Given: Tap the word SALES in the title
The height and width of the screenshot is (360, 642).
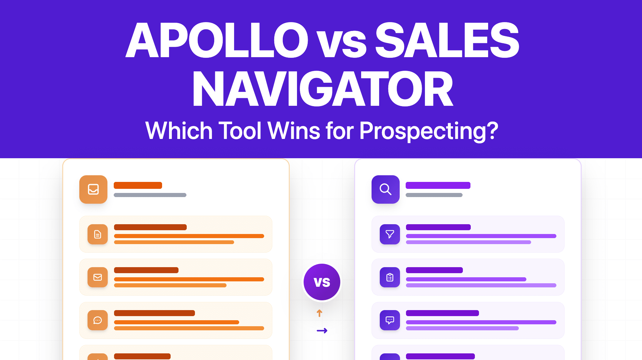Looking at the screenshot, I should point(447,40).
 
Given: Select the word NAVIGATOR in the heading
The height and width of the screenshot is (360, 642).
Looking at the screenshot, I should point(323,89).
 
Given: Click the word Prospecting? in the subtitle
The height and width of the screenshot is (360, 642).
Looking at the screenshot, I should point(429,131).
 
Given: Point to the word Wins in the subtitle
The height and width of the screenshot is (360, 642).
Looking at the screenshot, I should point(294,131).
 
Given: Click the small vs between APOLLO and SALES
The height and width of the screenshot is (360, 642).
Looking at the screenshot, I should point(342,44).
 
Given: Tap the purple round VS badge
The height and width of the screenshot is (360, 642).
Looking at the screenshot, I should point(322,282).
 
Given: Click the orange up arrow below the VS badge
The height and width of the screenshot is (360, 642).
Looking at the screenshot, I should point(319,313).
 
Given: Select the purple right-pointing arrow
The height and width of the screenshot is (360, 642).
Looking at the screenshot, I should point(322,331).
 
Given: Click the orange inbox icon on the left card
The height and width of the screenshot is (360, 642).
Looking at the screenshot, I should point(93,189).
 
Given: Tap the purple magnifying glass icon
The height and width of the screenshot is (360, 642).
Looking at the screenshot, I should point(385,189).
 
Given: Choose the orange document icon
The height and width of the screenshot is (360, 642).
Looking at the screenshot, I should point(98,234).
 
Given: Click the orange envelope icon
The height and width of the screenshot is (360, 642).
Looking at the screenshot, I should point(98,277).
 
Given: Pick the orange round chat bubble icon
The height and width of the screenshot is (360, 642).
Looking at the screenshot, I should point(98,320).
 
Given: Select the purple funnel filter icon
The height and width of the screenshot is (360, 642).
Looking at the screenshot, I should point(390,234).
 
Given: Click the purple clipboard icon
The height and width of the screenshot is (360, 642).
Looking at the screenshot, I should point(390,277).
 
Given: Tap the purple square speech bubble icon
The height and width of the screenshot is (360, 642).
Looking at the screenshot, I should point(390,320).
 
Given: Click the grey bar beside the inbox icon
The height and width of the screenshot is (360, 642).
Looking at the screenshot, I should point(150,195).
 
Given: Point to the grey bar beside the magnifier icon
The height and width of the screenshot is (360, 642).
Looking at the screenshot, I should point(434,195).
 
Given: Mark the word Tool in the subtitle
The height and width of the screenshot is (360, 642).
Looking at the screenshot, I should point(240,131).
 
